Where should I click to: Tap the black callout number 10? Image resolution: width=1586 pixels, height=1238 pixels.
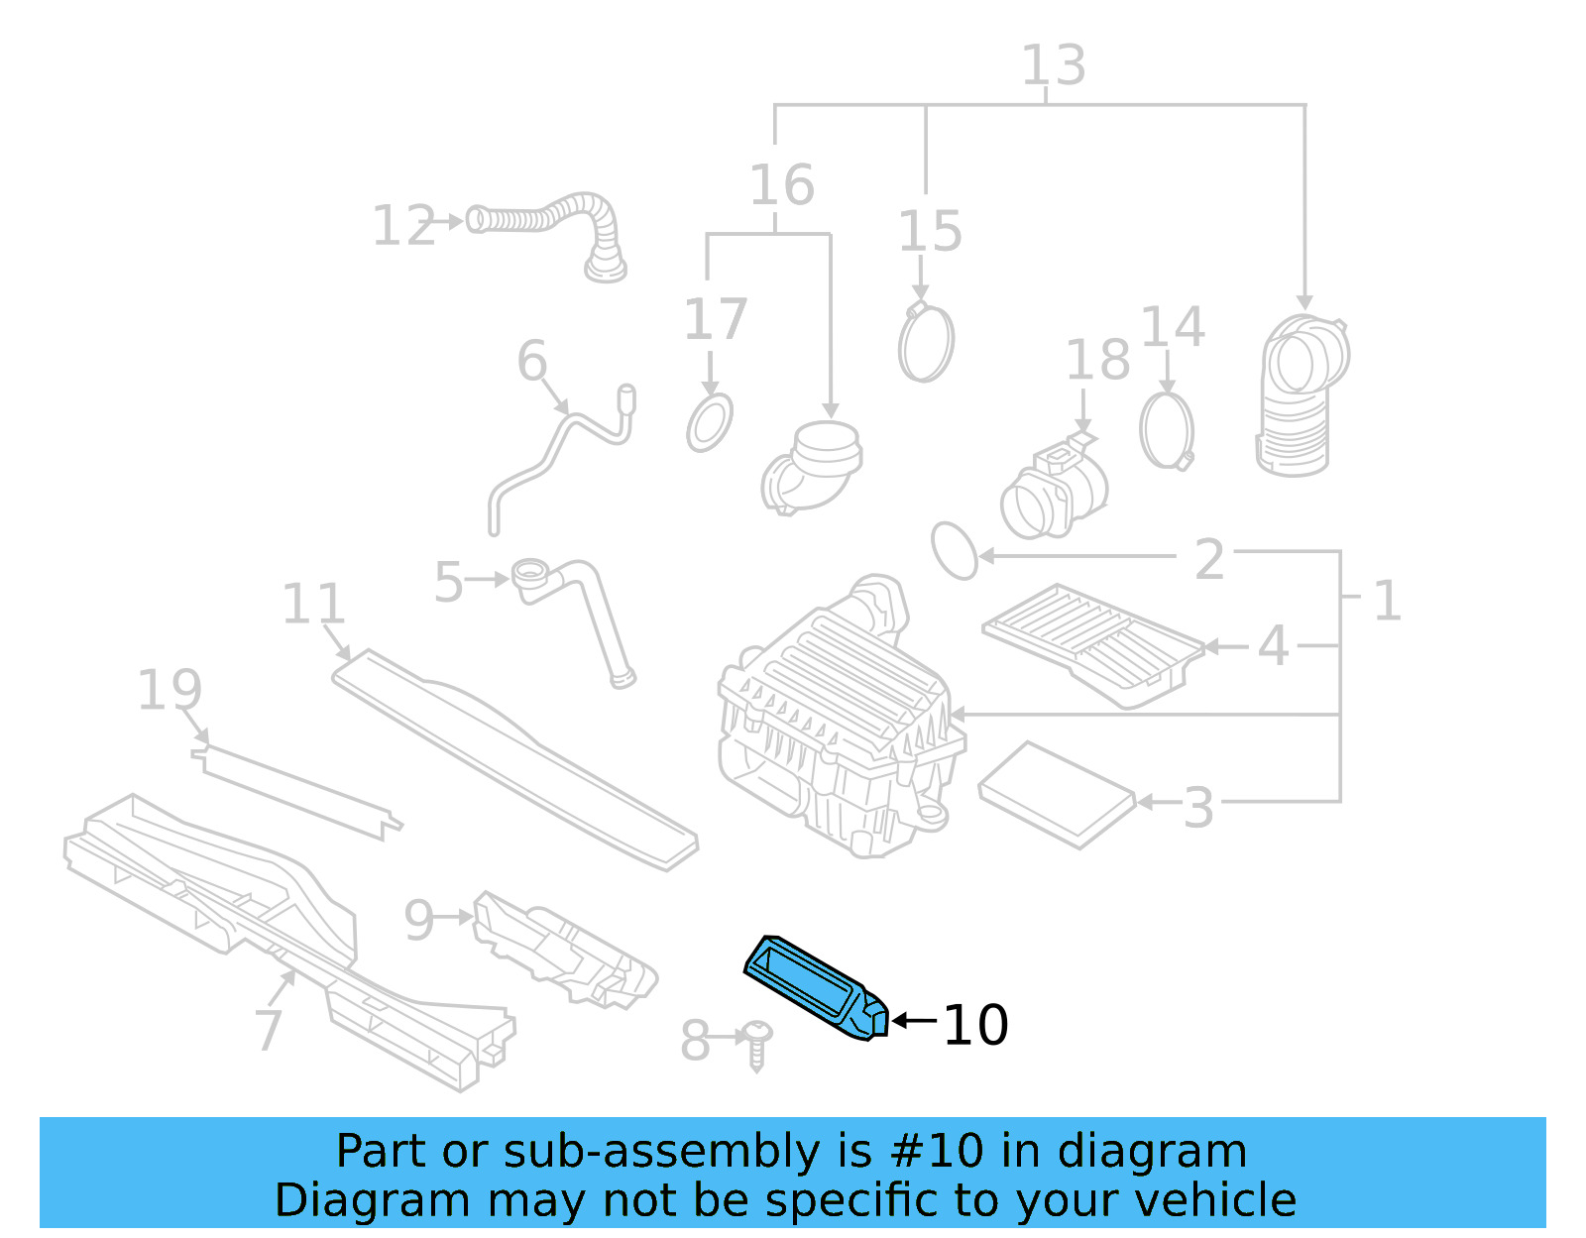click(x=975, y=1025)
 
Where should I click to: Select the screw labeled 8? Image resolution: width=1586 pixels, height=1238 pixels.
click(x=757, y=1046)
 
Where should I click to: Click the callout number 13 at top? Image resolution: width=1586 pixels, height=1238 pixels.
click(x=1053, y=66)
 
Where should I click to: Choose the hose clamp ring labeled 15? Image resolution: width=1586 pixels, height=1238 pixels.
click(x=926, y=343)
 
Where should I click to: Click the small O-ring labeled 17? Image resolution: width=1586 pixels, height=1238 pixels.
click(x=710, y=423)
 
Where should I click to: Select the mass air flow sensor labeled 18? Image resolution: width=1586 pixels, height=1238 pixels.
click(x=1053, y=491)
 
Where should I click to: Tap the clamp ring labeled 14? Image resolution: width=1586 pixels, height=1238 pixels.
click(x=1167, y=431)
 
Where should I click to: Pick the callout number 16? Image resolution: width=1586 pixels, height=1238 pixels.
click(x=781, y=185)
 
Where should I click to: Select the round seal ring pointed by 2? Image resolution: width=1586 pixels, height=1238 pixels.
click(x=955, y=551)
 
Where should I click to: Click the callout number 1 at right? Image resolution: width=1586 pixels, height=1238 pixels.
click(x=1387, y=601)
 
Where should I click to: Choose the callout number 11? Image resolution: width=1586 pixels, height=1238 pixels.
click(x=313, y=604)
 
